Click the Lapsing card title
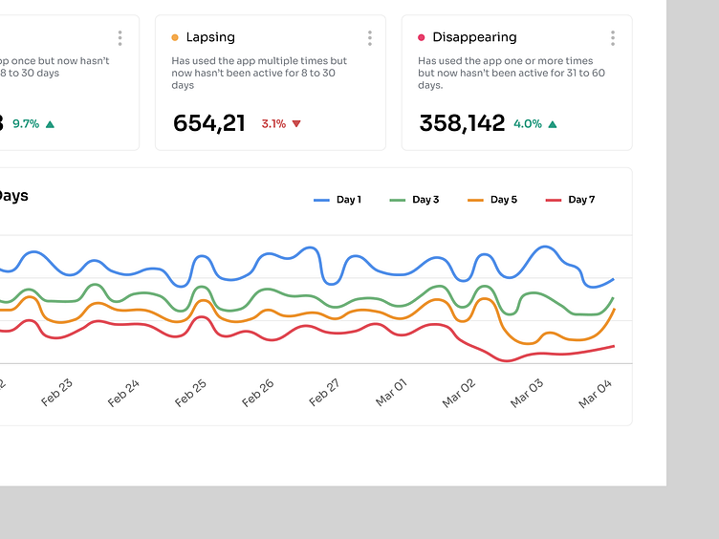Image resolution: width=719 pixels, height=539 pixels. pyautogui.click(x=210, y=37)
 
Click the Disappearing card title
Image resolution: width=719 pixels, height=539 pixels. pyautogui.click(x=474, y=37)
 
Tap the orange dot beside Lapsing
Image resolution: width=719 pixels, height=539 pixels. pyautogui.click(x=175, y=38)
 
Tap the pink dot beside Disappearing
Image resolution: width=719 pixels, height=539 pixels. pyautogui.click(x=422, y=38)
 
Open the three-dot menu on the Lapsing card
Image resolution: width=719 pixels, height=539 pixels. pyautogui.click(x=370, y=38)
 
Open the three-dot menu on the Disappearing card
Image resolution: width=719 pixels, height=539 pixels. pyautogui.click(x=613, y=38)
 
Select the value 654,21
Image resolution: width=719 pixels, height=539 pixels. pyautogui.click(x=209, y=123)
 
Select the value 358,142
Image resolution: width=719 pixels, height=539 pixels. pyautogui.click(x=462, y=123)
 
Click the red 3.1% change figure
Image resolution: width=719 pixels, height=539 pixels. pyautogui.click(x=273, y=124)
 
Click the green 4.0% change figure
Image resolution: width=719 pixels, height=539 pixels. pyautogui.click(x=528, y=124)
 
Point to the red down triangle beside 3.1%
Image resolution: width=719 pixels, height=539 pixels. pyautogui.click(x=296, y=124)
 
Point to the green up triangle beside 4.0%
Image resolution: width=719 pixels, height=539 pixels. pyautogui.click(x=553, y=124)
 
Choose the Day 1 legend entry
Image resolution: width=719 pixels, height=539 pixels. pyautogui.click(x=338, y=200)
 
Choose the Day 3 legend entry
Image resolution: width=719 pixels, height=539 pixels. pyautogui.click(x=415, y=200)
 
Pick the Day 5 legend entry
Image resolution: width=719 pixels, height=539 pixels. pyautogui.click(x=492, y=200)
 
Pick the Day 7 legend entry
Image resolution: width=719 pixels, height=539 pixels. pyautogui.click(x=571, y=200)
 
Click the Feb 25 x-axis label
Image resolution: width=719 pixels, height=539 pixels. pyautogui.click(x=191, y=393)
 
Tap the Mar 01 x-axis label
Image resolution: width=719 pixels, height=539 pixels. pyautogui.click(x=392, y=393)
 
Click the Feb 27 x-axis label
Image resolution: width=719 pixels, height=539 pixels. pyautogui.click(x=325, y=393)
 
